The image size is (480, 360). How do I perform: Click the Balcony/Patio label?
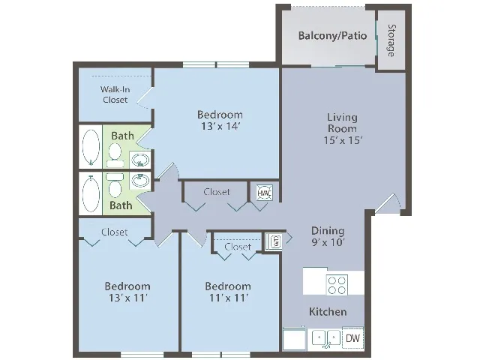(332, 36)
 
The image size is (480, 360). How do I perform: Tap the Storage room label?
(391, 40)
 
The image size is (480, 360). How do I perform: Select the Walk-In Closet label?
(115, 94)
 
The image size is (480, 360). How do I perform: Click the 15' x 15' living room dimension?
(343, 140)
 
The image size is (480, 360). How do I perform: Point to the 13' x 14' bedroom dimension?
(220, 126)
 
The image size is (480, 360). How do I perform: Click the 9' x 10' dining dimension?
(328, 242)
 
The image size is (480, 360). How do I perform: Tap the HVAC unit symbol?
(264, 193)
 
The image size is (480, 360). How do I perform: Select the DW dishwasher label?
(352, 338)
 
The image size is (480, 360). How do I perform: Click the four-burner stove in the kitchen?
(337, 285)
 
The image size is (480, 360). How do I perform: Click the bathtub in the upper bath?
(91, 147)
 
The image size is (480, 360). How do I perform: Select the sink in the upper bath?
(140, 160)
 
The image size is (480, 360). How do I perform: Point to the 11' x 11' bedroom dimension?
(228, 298)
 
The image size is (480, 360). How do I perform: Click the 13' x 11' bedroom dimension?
(128, 298)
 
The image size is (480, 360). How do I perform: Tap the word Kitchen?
(328, 312)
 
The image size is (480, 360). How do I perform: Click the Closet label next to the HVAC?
(217, 192)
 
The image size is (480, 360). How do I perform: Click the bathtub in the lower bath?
(91, 193)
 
